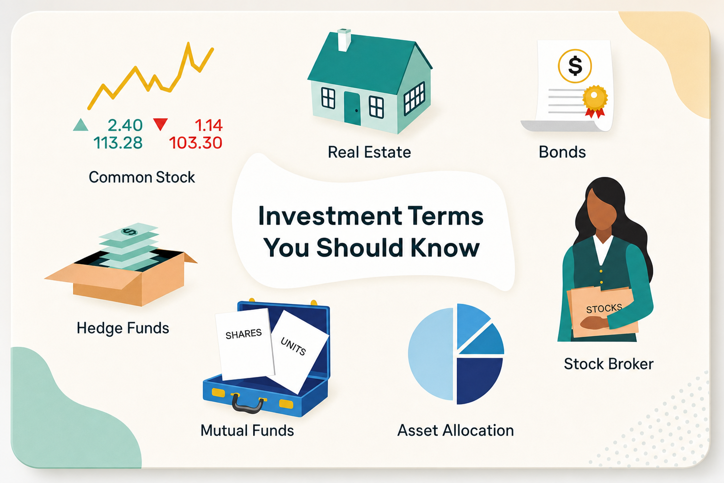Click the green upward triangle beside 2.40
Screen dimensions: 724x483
[x=81, y=125]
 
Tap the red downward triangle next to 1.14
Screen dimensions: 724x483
[x=160, y=124]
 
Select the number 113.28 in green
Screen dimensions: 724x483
[x=118, y=142]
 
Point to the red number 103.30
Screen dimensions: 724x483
[x=196, y=142]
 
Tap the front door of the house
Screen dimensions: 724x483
[x=352, y=108]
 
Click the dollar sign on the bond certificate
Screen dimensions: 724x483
[x=575, y=66]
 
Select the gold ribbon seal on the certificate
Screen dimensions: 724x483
[x=595, y=100]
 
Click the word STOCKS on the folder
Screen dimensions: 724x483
[x=604, y=308]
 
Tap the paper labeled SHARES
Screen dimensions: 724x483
[x=245, y=343]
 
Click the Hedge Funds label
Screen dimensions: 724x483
[x=123, y=328]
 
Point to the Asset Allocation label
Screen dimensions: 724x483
[x=455, y=431]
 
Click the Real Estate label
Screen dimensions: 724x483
[x=370, y=152]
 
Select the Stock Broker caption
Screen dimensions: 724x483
[x=609, y=364]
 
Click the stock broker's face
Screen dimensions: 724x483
[x=601, y=208]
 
